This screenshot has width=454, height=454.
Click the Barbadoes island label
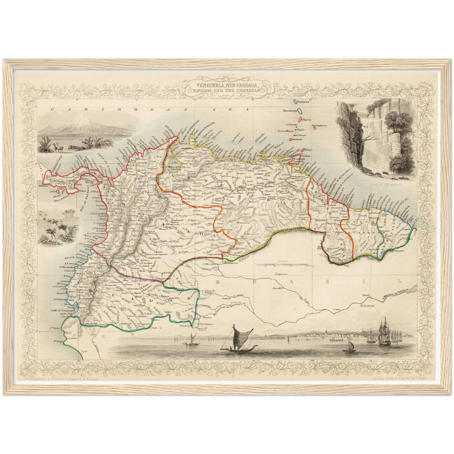pos(319,125)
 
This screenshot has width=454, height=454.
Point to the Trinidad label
pos(296,159)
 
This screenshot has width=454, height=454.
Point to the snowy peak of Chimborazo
pos(83,117)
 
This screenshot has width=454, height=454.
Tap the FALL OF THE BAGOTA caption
pos(388,185)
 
